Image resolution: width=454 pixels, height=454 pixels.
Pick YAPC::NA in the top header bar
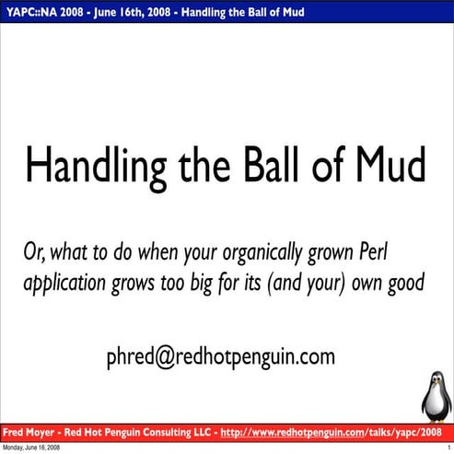(x=33, y=12)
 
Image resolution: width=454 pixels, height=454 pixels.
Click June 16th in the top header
(x=128, y=12)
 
